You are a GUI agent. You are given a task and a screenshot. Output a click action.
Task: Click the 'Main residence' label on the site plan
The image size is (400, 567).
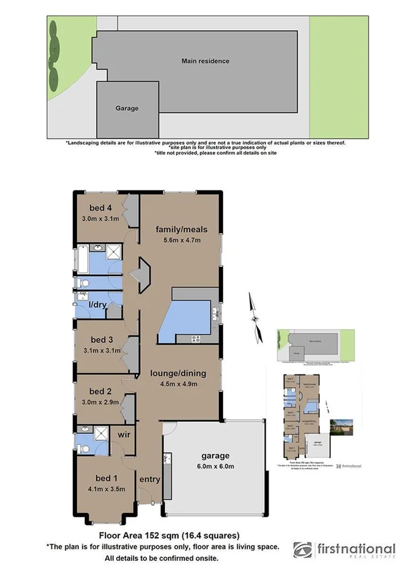pos(205,61)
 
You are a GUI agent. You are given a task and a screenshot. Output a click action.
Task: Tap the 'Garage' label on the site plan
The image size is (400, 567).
pos(127,108)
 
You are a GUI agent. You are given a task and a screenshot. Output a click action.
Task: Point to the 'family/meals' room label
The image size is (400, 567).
pos(178,229)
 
